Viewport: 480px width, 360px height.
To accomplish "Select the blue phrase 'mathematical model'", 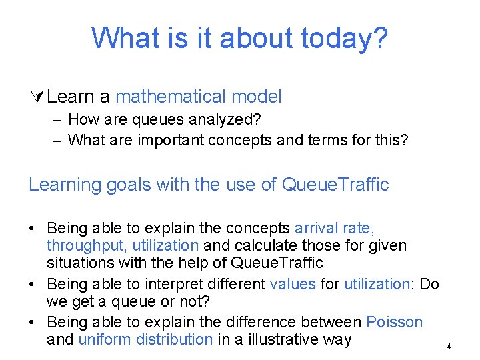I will (199, 97).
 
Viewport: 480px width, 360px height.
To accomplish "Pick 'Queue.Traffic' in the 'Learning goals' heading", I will (335, 185).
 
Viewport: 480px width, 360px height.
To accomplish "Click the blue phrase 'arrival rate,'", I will (339, 228).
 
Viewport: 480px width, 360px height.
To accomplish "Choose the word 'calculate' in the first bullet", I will (267, 245).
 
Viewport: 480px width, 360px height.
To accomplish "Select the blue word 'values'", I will (293, 284).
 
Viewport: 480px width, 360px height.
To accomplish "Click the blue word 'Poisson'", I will (394, 322).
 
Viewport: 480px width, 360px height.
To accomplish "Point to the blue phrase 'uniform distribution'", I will (145, 339).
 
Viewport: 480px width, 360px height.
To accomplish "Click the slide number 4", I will (449, 347).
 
